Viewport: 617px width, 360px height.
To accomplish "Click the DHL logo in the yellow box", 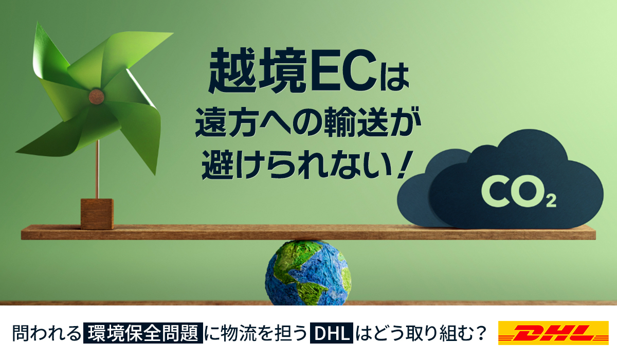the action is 553,333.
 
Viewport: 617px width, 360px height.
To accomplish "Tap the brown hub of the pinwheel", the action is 97,96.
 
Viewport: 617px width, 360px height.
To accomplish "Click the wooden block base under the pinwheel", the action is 97,214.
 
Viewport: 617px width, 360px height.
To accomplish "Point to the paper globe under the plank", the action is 308,273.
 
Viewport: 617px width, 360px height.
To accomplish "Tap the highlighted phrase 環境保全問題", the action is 143,333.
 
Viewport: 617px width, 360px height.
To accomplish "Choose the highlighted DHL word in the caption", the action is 331,333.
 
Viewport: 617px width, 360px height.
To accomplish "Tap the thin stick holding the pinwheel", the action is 97,169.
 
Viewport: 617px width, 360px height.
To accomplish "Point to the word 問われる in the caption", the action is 46,333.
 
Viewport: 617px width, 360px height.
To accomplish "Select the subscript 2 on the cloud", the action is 551,202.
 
